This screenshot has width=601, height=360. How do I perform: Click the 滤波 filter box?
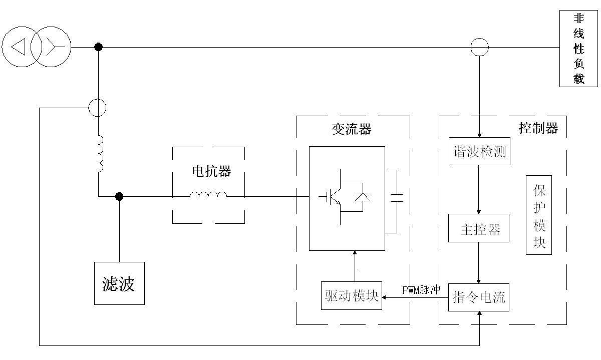coord(119,283)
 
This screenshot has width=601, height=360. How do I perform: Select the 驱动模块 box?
coord(351,295)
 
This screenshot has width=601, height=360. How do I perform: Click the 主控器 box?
coord(479,229)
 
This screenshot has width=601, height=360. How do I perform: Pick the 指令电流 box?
coord(479,297)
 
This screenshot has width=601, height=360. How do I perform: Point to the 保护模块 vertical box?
coord(539,215)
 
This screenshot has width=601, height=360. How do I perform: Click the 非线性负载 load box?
coord(578,49)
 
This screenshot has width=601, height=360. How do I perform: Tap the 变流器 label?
coord(352,129)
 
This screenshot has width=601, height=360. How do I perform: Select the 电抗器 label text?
coord(211,171)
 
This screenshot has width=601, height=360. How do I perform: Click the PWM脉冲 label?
coord(421,290)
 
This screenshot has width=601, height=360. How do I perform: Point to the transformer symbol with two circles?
coord(37,48)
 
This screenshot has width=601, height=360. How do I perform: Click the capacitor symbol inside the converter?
coord(396,197)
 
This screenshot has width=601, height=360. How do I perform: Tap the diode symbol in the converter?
coord(363,197)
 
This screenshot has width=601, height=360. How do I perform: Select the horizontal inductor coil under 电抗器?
coord(208,195)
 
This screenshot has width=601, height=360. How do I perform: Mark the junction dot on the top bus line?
coord(99,47)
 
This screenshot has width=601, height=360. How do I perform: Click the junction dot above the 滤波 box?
coord(119,197)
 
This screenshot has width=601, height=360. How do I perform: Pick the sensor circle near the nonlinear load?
coord(479,48)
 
